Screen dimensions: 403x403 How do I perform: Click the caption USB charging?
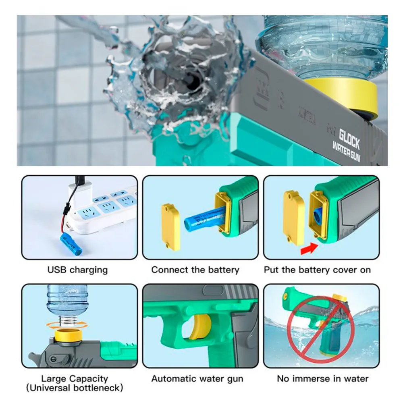tap(77, 270)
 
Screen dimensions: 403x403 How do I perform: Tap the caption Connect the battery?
tap(195, 270)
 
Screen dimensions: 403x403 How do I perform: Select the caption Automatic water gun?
tap(197, 378)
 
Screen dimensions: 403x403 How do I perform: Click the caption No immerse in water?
tap(322, 378)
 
